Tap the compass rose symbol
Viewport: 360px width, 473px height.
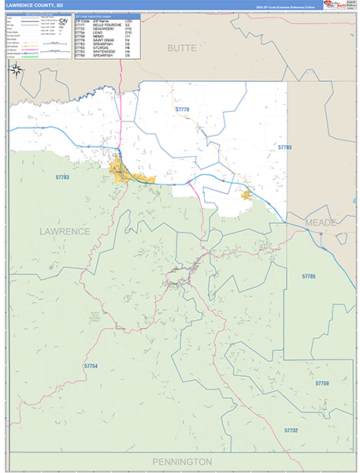[17, 69]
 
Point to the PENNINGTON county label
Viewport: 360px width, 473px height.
[180, 460]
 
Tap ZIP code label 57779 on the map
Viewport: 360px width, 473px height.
[183, 109]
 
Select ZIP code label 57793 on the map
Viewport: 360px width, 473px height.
[284, 147]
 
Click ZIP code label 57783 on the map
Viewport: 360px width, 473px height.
[63, 177]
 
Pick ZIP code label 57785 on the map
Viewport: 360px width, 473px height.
[309, 276]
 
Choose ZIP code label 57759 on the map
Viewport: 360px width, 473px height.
[321, 383]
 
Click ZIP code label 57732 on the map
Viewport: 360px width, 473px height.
[291, 430]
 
